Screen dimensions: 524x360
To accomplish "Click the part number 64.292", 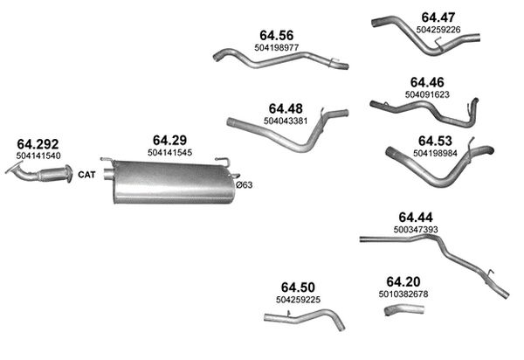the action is pyautogui.click(x=38, y=144).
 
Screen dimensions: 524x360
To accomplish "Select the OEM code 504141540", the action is pyautogui.click(x=38, y=156).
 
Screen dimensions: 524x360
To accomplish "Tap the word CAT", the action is pyautogui.click(x=86, y=175).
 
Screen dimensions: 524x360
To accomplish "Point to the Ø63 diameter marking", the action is pyautogui.click(x=245, y=185).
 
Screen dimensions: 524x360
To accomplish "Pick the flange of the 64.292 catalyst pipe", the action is pyautogui.click(x=69, y=174).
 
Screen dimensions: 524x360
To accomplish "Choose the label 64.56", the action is pyautogui.click(x=276, y=36).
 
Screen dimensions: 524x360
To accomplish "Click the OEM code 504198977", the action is pyautogui.click(x=276, y=47).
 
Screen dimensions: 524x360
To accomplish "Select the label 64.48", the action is pyautogui.click(x=286, y=108).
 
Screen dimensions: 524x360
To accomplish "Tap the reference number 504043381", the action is pyautogui.click(x=286, y=121).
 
